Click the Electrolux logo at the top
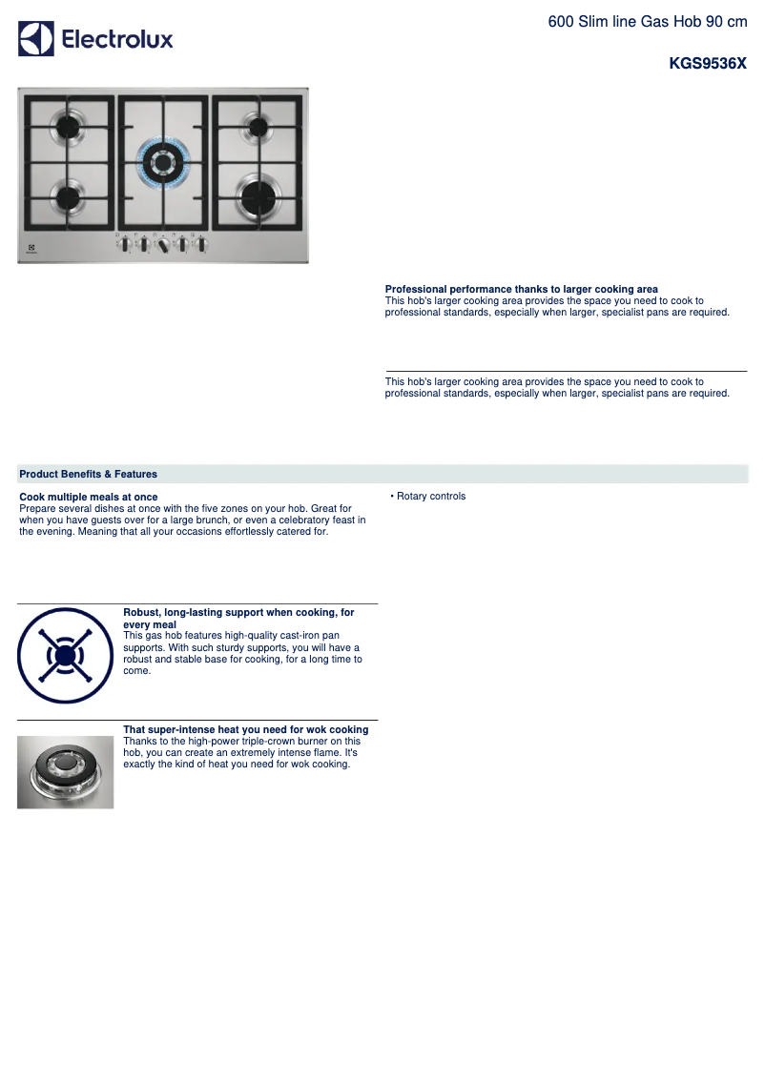(95, 39)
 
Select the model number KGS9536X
(708, 65)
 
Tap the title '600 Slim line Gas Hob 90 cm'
(647, 21)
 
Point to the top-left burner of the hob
(69, 125)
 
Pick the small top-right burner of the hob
(258, 126)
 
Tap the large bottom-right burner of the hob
(257, 196)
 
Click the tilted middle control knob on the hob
(163, 246)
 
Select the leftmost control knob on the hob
(125, 245)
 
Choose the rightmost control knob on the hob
(201, 245)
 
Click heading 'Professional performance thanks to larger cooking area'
(521, 289)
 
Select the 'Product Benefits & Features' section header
(88, 474)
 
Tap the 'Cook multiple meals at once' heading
(88, 497)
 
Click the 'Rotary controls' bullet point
(430, 497)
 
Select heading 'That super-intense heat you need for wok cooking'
(245, 729)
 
